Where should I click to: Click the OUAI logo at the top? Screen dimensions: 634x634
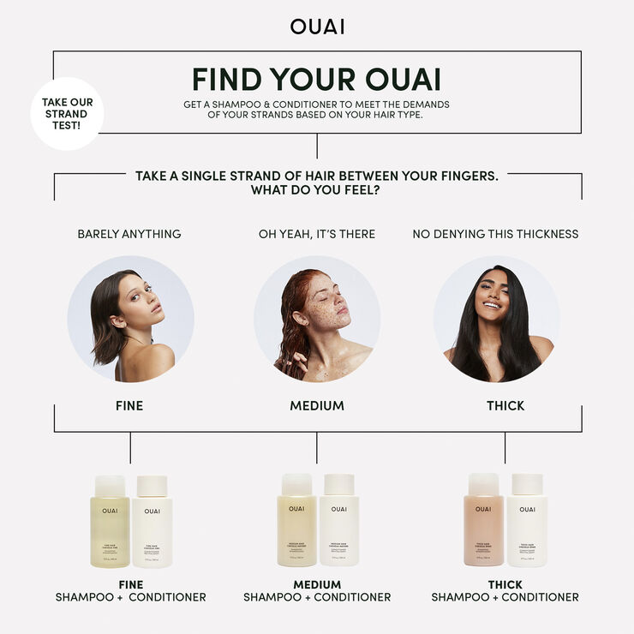click(x=317, y=27)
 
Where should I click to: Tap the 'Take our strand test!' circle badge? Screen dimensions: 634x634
click(x=67, y=114)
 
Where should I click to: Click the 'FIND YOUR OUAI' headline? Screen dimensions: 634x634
click(x=317, y=79)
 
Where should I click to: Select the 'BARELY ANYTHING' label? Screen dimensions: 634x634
click(x=129, y=234)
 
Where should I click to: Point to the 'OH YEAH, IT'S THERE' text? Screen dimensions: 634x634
click(x=317, y=234)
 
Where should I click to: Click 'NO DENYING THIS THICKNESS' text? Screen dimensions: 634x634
click(x=495, y=234)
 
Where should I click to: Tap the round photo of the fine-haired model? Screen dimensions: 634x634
click(x=130, y=319)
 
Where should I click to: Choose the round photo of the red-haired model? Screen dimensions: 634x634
click(x=317, y=319)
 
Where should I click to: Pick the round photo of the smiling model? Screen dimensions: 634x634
click(x=496, y=319)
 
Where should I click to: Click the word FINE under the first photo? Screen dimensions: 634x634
click(x=129, y=405)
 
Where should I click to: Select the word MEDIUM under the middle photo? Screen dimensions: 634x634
click(x=317, y=405)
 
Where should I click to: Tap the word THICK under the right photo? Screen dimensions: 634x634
click(x=505, y=405)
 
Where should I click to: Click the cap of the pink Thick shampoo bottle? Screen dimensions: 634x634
click(x=483, y=485)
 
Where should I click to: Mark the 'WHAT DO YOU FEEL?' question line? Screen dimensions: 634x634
click(x=316, y=190)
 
